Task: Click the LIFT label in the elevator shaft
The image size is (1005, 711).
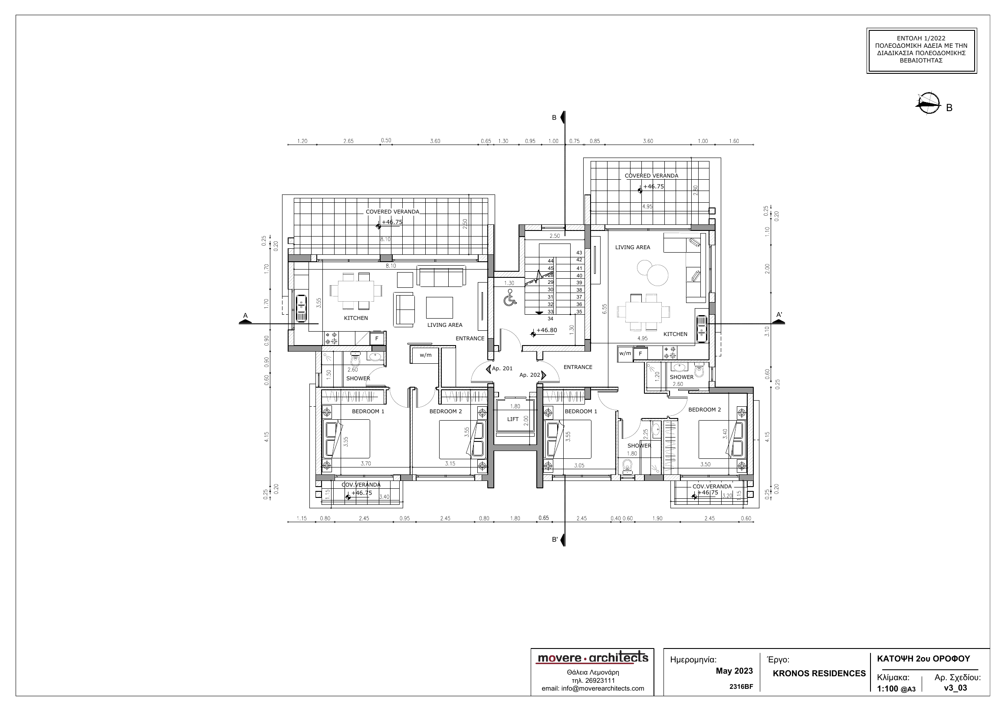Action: pos(512,419)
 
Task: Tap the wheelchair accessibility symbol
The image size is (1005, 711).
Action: pos(509,298)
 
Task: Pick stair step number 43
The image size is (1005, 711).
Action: pos(579,253)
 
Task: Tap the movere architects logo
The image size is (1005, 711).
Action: pos(593,658)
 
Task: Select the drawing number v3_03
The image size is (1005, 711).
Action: pos(956,688)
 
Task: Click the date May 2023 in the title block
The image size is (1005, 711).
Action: pos(735,671)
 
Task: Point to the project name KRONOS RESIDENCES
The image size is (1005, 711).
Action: pos(819,673)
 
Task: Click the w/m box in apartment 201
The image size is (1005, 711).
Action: pos(425,355)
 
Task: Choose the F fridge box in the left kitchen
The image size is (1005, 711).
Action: pos(377,339)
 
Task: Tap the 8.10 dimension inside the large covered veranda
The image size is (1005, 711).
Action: pos(386,240)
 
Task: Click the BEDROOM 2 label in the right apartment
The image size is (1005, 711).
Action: pos(705,410)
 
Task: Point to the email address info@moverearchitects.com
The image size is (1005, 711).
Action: pos(593,688)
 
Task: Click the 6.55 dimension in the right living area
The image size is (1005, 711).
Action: pos(605,309)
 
